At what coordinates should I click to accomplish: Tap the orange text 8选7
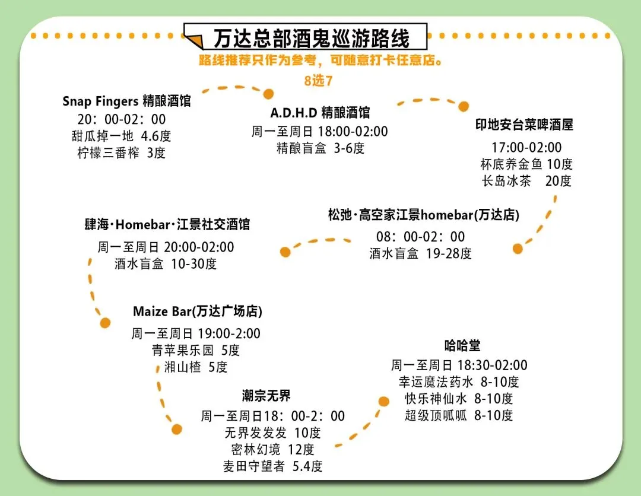coord(318,81)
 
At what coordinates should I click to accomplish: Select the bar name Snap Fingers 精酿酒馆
coord(126,101)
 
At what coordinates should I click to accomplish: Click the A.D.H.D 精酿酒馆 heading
coord(320,113)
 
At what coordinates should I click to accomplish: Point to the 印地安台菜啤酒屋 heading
coord(525,125)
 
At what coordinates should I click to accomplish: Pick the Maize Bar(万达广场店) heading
coord(198,311)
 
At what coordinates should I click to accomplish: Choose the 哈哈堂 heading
coord(462,345)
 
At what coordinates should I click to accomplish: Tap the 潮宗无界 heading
coord(266,396)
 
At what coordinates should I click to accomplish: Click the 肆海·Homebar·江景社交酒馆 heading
coord(167,225)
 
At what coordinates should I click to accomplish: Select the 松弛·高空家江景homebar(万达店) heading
coord(423,215)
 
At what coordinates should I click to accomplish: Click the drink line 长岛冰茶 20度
coord(526,181)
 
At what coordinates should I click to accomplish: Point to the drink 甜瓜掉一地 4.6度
coord(121,136)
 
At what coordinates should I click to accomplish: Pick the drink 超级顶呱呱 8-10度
coord(459,415)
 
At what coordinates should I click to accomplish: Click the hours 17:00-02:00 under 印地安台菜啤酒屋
coord(526,147)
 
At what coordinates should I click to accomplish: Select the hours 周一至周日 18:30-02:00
coord(459,365)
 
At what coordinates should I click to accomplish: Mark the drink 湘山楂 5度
coord(196,367)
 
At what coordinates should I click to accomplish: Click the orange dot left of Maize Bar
coord(106,323)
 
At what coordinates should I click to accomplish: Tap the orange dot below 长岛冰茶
coord(518,249)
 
